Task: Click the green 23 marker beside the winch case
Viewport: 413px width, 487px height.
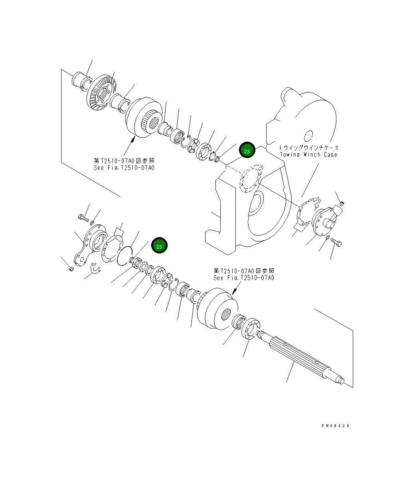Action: point(247,151)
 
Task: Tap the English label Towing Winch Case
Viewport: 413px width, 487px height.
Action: point(308,154)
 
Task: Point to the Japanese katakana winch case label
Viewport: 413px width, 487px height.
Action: point(308,147)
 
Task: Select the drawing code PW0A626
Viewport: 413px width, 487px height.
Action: point(335,426)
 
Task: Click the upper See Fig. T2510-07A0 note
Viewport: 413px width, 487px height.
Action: point(124,167)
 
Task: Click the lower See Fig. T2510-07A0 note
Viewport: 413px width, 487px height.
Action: point(244,277)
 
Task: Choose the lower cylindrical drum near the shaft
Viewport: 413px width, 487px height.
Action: point(217,307)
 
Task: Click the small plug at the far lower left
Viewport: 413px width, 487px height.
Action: point(71,268)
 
